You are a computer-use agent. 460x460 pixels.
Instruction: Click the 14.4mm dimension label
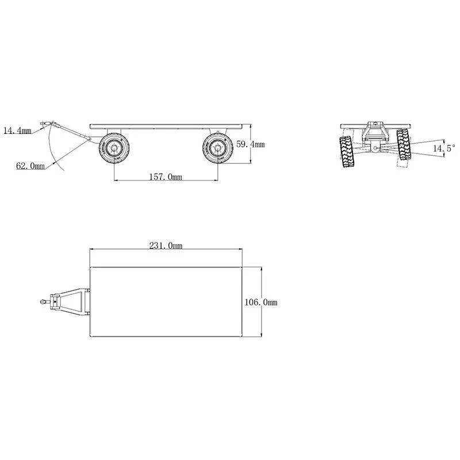17,131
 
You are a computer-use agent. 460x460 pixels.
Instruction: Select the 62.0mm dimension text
30,166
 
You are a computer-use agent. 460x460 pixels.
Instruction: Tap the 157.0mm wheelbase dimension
166,177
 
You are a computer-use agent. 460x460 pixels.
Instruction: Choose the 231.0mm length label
166,246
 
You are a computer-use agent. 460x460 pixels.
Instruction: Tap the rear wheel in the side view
217,149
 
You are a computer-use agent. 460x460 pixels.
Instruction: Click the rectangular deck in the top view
167,302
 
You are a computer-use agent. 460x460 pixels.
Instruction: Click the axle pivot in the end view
375,149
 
